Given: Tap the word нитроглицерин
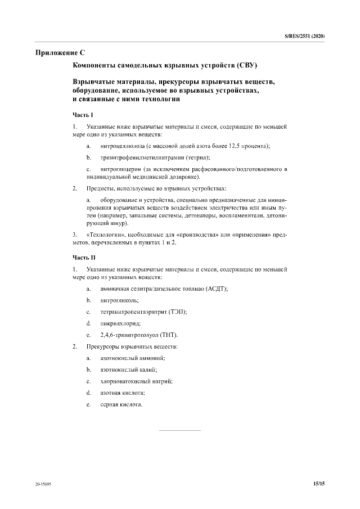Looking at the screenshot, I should tap(120, 169).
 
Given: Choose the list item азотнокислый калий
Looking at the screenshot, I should tap(128, 370).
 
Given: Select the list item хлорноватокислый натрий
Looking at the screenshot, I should tap(136, 381).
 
